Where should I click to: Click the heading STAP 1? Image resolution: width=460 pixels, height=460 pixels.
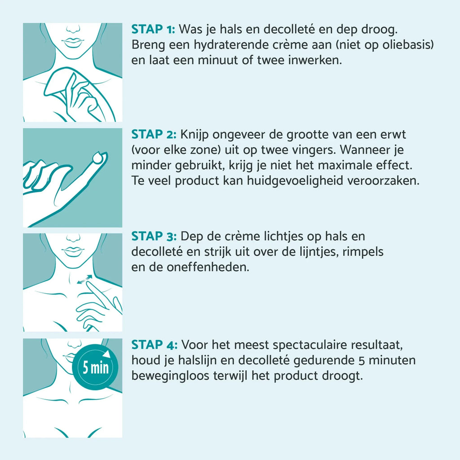pyautogui.click(x=153, y=29)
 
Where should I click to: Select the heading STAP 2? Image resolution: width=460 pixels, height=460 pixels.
pyautogui.click(x=154, y=134)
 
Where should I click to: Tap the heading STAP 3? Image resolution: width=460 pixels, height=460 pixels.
pyautogui.click(x=154, y=236)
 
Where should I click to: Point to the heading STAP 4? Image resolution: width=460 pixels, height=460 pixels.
pyautogui.click(x=155, y=345)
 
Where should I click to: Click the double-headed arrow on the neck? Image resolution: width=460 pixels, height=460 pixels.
pyautogui.click(x=84, y=279)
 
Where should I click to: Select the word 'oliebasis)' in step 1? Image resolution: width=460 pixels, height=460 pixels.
pyautogui.click(x=408, y=45)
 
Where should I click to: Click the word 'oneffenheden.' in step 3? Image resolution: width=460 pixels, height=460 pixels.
pyautogui.click(x=208, y=267)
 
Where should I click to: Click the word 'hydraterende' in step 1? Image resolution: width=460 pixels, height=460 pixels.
pyautogui.click(x=231, y=45)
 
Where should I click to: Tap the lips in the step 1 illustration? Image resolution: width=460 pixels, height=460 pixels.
pyautogui.click(x=72, y=42)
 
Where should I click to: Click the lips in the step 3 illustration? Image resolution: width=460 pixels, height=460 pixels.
pyautogui.click(x=72, y=251)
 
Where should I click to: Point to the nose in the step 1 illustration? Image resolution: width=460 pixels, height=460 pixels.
pyautogui.click(x=73, y=29)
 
